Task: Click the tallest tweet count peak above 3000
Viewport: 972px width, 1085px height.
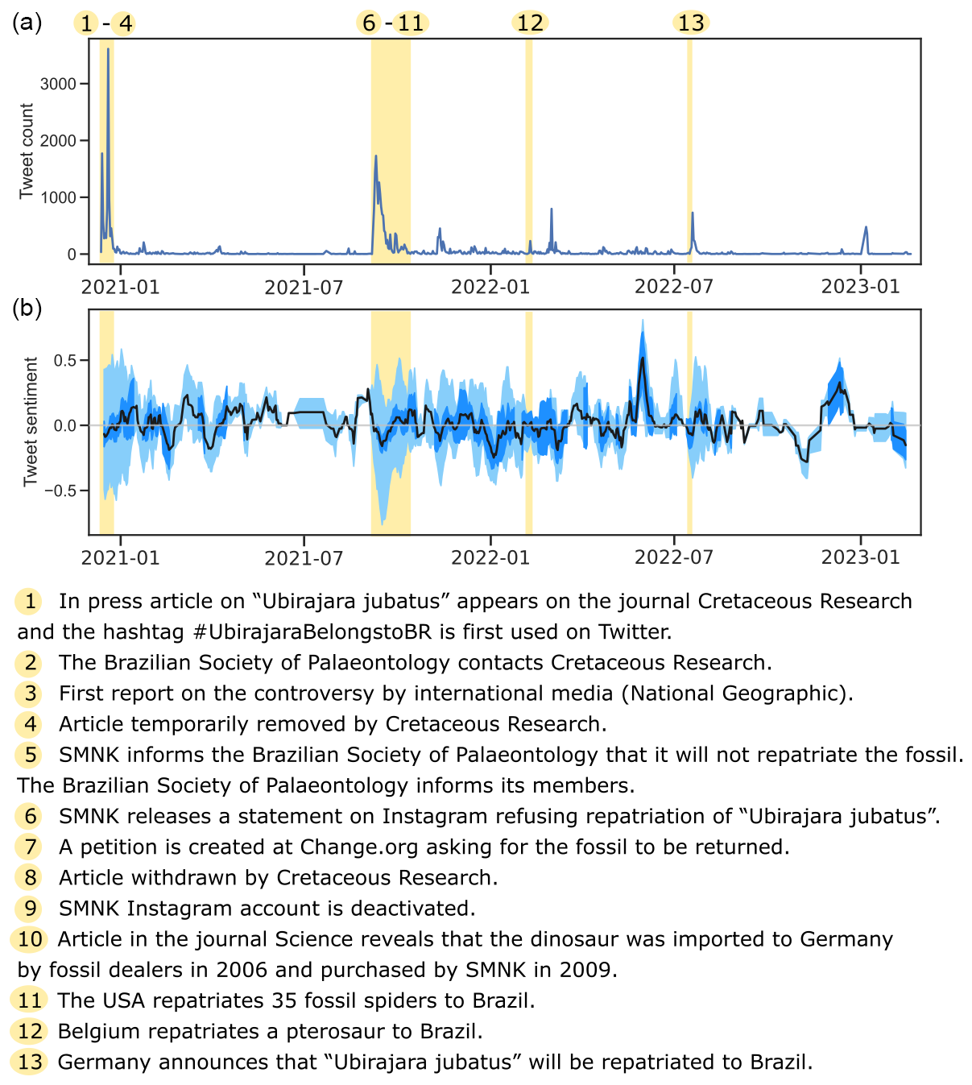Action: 108,49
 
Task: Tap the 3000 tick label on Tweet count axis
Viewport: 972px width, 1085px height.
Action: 58,84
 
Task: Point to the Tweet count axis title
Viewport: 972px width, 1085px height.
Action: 27,151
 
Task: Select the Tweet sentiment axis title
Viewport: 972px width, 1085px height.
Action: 31,421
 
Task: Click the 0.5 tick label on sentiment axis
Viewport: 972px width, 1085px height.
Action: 64,360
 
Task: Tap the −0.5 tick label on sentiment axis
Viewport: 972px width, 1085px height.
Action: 60,491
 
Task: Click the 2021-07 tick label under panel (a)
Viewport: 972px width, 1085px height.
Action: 304,288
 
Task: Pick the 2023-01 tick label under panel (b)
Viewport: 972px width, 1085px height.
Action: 860,557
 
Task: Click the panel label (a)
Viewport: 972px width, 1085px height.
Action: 27,23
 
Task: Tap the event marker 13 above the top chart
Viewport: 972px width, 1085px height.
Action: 691,23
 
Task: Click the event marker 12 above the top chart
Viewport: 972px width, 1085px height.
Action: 530,23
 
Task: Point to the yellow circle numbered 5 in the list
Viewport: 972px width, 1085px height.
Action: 30,755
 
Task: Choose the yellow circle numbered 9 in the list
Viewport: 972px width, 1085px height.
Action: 30,909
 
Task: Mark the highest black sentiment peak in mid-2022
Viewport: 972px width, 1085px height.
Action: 642,358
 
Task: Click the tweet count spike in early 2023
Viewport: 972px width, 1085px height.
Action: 866,228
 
